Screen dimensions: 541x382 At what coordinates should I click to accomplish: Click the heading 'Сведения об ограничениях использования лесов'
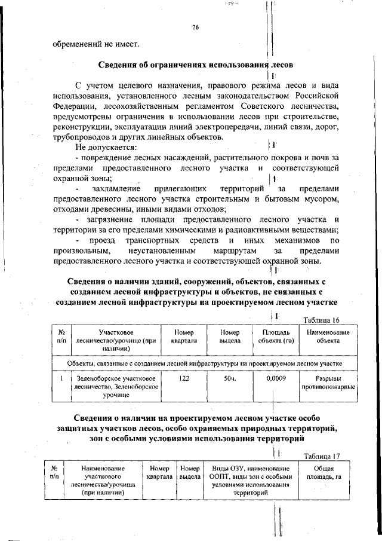point(195,64)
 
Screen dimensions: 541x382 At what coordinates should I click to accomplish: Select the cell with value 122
point(184,379)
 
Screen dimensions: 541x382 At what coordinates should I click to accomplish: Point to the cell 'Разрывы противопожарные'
point(328,383)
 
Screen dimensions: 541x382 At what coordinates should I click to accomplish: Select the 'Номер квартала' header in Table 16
point(184,337)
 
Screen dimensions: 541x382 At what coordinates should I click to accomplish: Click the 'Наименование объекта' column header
point(328,337)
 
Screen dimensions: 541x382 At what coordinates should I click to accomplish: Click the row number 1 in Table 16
point(61,379)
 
